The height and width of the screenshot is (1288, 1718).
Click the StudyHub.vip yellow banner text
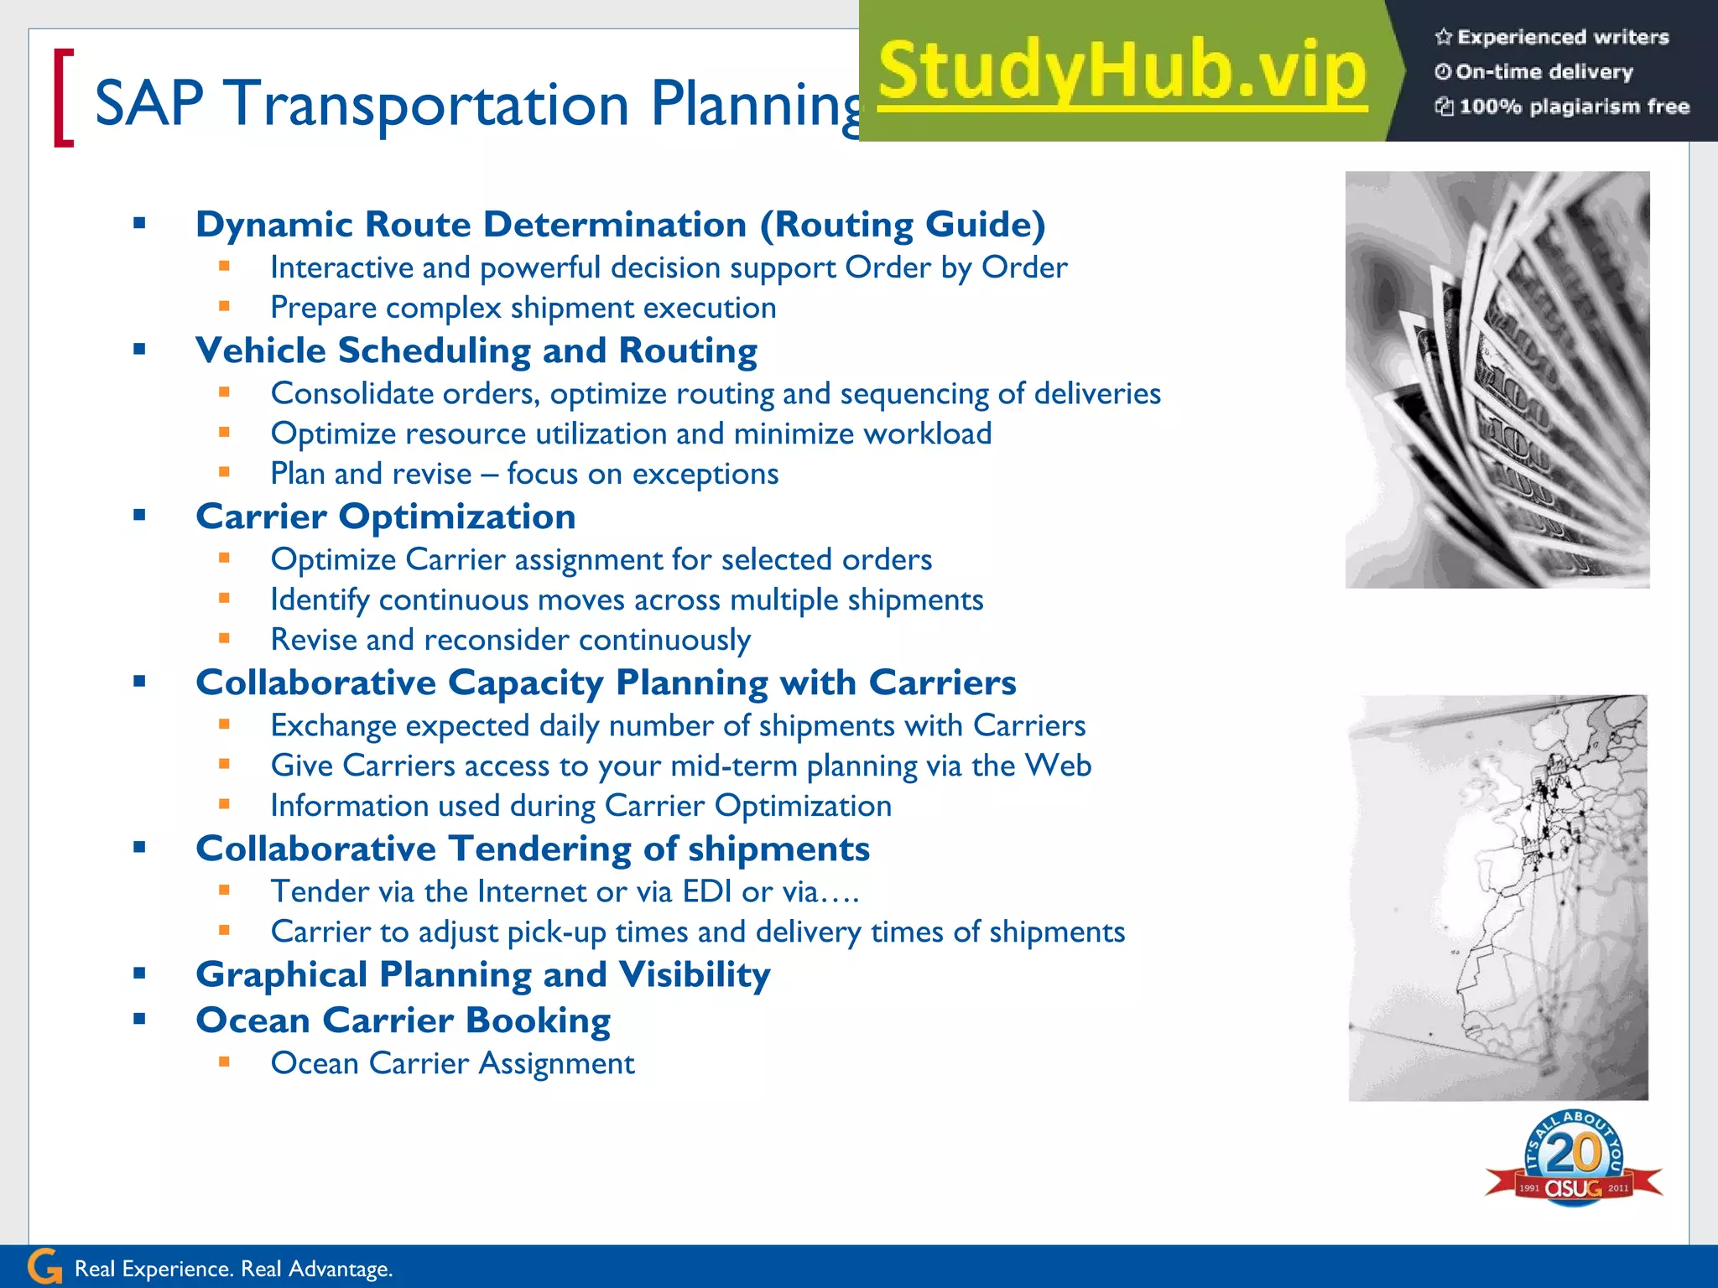point(1122,72)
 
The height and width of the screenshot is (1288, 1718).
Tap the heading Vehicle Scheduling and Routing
point(476,351)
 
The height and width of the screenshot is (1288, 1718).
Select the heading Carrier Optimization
point(386,517)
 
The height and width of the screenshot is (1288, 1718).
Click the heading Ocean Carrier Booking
point(403,1021)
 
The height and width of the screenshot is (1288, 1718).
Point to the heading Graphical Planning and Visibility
point(482,974)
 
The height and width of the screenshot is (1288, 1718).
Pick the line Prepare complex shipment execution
point(523,308)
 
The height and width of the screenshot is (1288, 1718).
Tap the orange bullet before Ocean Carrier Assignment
point(224,1062)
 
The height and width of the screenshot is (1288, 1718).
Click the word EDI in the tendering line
point(707,891)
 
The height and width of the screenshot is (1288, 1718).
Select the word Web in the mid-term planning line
point(1059,766)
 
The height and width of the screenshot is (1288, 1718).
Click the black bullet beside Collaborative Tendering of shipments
point(139,848)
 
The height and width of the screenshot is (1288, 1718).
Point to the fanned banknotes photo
point(1497,379)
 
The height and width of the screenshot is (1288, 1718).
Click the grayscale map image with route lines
point(1497,897)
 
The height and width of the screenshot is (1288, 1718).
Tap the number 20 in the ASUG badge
point(1574,1153)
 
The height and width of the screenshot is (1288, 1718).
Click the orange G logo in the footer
point(44,1267)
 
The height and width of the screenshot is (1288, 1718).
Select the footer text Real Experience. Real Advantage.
point(233,1269)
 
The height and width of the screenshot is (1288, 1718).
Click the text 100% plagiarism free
point(1574,106)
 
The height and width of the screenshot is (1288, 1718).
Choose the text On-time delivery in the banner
point(1544,72)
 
